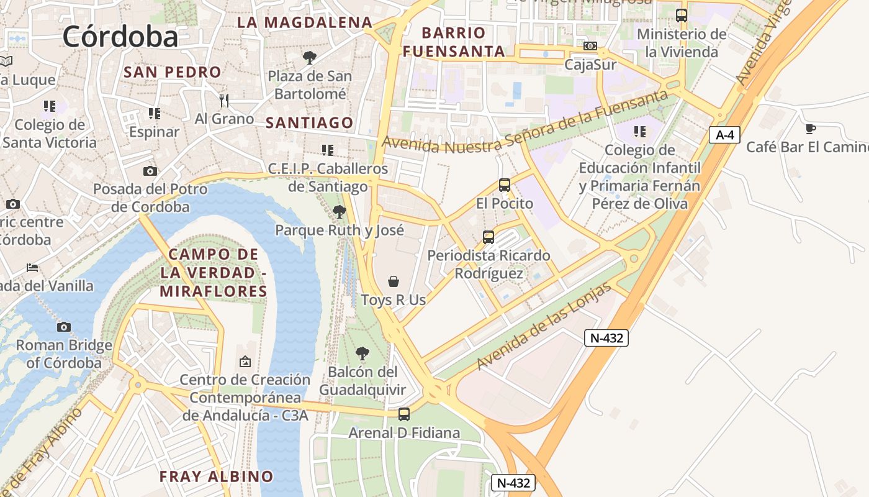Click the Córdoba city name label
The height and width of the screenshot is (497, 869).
(120, 37)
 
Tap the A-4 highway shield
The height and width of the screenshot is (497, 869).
(724, 135)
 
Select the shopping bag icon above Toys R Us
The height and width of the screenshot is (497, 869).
(394, 281)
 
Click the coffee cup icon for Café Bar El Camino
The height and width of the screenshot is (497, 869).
(810, 129)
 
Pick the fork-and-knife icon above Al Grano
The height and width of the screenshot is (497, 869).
(224, 99)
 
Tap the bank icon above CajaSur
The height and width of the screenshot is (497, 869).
(590, 46)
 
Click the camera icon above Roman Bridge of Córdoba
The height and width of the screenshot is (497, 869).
(63, 327)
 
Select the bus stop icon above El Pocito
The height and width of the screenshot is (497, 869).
(504, 185)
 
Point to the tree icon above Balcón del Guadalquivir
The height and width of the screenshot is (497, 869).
(362, 353)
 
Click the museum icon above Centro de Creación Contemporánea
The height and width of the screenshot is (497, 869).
(245, 361)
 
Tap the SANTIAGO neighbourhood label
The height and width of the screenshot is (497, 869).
(309, 123)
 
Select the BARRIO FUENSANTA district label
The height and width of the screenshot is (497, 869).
(454, 42)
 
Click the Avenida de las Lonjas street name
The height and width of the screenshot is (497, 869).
(544, 327)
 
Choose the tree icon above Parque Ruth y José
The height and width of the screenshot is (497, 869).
(339, 212)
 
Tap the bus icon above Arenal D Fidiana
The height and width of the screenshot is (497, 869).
(404, 414)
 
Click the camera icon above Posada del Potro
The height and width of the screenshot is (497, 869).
(150, 171)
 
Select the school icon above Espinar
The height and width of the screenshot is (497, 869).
(154, 114)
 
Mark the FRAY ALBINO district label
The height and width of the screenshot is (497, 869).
(216, 476)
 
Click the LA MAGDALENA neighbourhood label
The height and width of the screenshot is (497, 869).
(305, 22)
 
